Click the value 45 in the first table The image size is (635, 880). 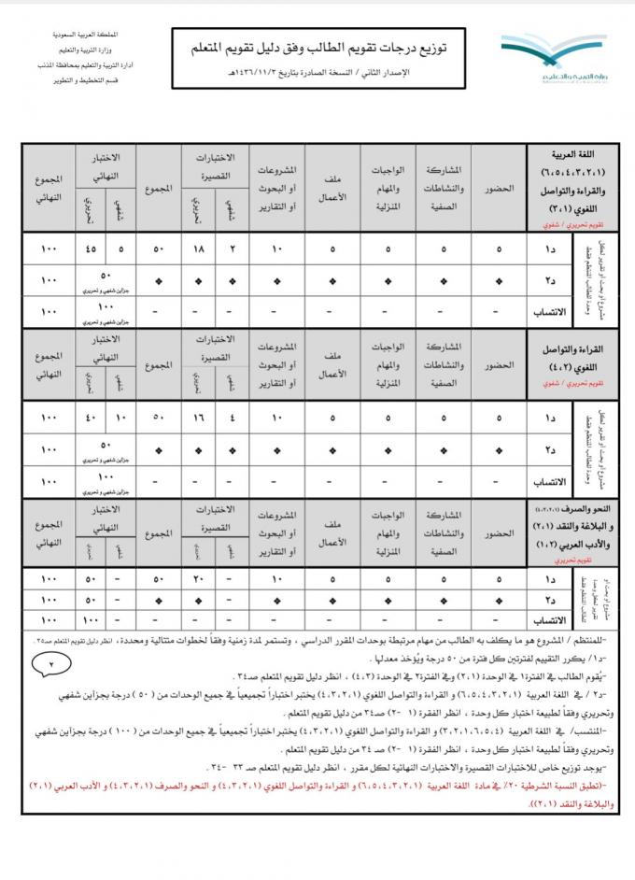pos(90,248)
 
